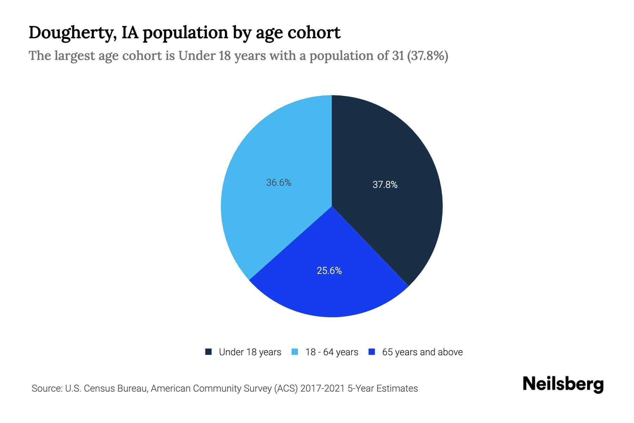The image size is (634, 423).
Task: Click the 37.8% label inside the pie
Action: click(385, 185)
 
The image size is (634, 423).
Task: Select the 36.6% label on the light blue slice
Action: click(279, 183)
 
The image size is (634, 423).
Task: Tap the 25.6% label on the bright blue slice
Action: click(329, 271)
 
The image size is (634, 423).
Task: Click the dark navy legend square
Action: click(209, 352)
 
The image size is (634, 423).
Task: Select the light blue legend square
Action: click(295, 352)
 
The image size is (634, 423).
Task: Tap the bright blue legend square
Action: click(371, 352)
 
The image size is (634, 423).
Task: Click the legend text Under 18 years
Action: click(250, 352)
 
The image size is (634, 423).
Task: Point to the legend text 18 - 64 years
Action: click(332, 352)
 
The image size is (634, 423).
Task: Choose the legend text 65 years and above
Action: click(422, 352)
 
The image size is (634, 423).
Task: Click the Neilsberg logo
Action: click(563, 384)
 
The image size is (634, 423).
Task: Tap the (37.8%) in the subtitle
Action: click(427, 56)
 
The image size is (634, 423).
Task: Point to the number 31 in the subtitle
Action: click(397, 56)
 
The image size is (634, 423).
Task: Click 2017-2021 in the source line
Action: click(323, 388)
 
